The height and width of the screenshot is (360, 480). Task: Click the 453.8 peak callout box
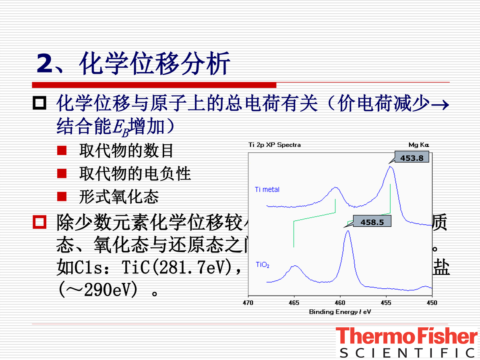click(412, 158)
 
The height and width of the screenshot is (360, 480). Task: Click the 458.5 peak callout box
click(372, 221)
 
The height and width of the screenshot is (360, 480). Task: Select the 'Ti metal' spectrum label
click(267, 190)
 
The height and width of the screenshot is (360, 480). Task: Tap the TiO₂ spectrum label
click(263, 265)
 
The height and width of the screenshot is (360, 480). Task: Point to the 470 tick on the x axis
click(248, 303)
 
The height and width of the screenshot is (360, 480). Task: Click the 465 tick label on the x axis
click(294, 303)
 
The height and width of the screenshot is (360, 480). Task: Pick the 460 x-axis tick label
click(340, 303)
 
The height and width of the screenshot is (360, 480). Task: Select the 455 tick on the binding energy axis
click(386, 303)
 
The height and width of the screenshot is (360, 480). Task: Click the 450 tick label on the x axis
click(432, 303)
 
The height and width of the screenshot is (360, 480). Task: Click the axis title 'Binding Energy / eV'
click(340, 312)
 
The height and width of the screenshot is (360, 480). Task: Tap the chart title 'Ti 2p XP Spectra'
click(274, 145)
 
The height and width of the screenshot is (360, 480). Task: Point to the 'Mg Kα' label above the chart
click(419, 145)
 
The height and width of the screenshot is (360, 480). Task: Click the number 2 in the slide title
click(44, 64)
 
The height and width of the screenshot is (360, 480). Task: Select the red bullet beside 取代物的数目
click(62, 151)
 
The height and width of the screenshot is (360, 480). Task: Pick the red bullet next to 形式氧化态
click(62, 197)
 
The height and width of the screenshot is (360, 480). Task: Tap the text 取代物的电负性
click(135, 174)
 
